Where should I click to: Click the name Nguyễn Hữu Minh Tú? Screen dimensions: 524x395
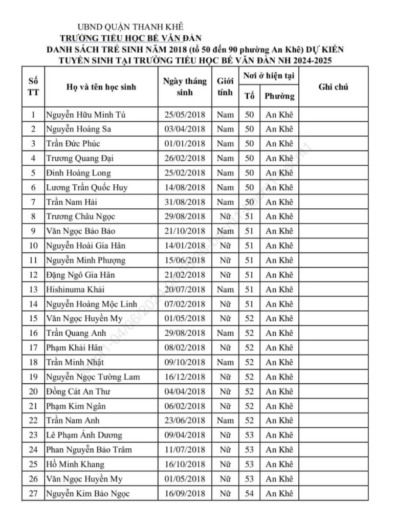click(85, 115)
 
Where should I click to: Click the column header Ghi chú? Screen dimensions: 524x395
click(333, 87)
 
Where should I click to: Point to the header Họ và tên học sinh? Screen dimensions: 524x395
click(101, 87)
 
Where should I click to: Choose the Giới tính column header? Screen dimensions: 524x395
click(225, 87)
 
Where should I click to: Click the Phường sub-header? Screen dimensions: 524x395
click(279, 96)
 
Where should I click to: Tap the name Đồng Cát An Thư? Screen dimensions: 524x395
click(78, 391)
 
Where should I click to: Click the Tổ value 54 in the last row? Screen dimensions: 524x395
click(249, 493)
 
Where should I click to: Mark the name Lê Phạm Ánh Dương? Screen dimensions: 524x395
click(84, 435)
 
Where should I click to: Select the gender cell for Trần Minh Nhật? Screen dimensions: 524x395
click(225, 362)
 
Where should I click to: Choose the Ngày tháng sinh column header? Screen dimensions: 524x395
click(185, 87)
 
